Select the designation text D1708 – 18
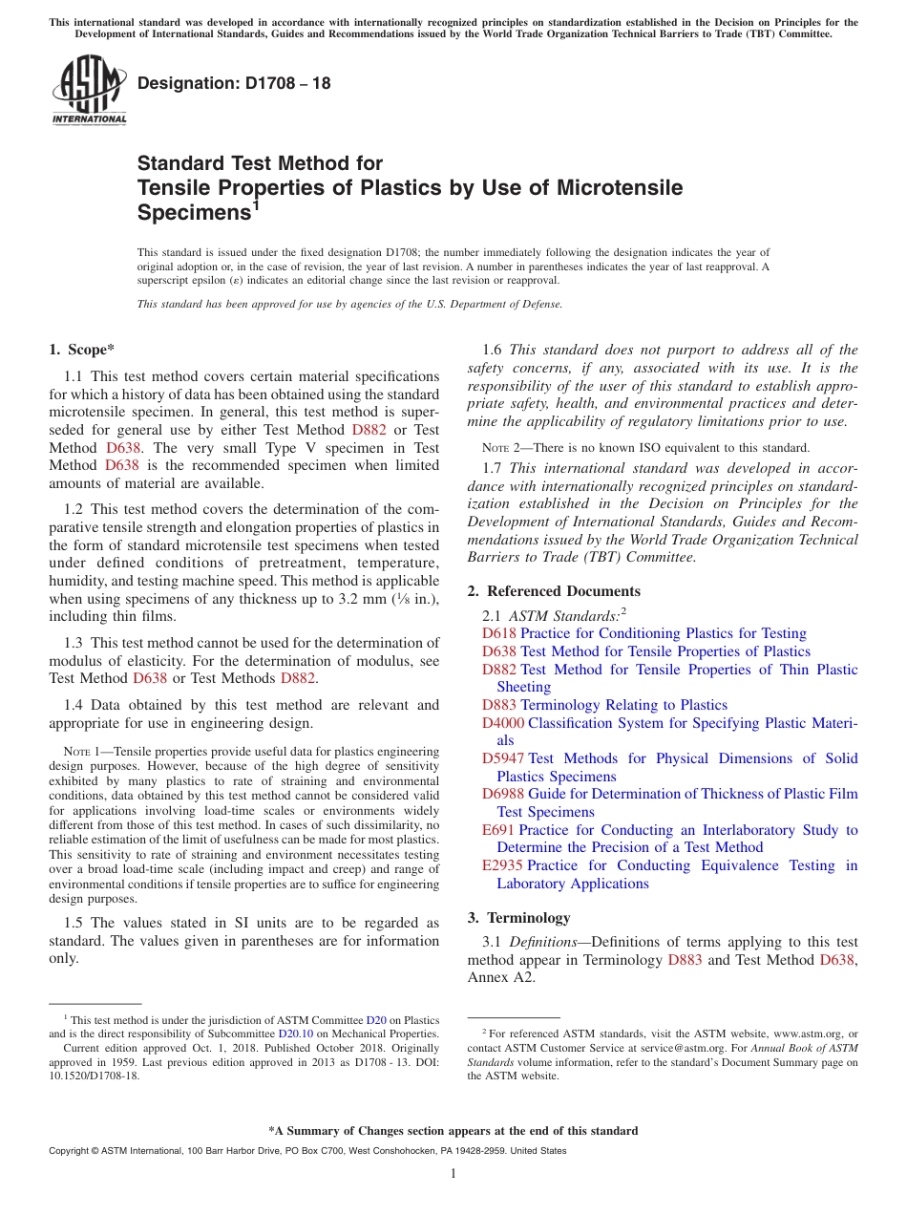tap(234, 84)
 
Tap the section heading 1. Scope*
tap(82, 351)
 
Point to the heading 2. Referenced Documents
tap(554, 591)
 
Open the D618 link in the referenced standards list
tap(499, 633)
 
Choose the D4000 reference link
tap(503, 723)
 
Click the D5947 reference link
tap(503, 758)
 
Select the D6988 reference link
tap(503, 794)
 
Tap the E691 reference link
tap(498, 830)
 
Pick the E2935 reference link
tap(502, 865)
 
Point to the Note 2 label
tap(503, 448)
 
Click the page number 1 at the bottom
tap(453, 1174)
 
